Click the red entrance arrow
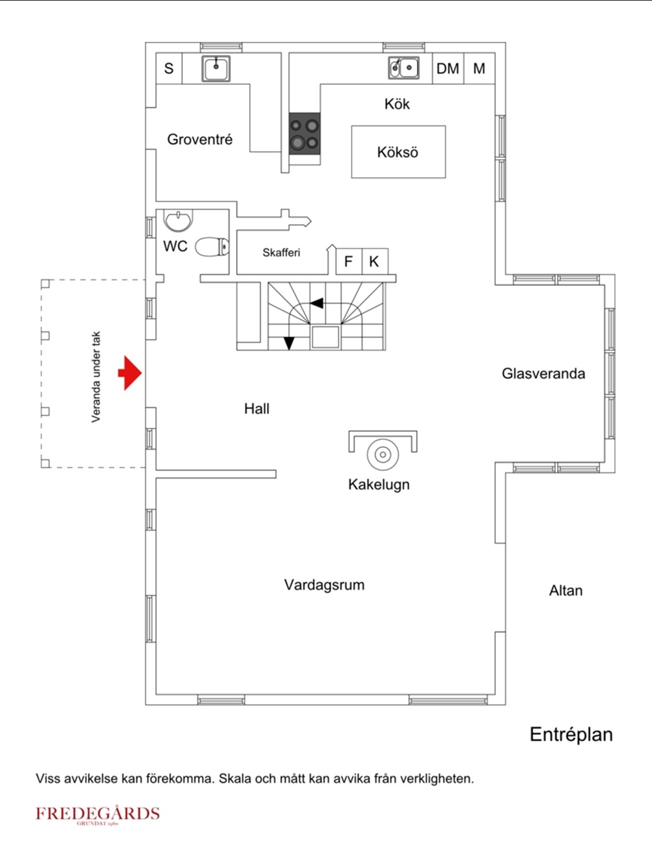click(x=130, y=373)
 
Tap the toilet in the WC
click(x=213, y=247)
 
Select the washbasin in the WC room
click(x=178, y=220)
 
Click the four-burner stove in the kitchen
click(x=305, y=133)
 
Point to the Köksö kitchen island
click(x=398, y=152)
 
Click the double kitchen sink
click(x=404, y=68)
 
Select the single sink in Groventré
click(x=216, y=68)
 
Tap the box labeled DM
click(x=448, y=69)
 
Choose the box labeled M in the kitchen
click(x=479, y=69)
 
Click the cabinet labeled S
click(x=169, y=69)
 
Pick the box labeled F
click(x=349, y=262)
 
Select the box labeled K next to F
click(x=374, y=262)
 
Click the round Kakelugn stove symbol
click(x=382, y=454)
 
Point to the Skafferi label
click(x=281, y=253)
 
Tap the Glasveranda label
click(x=543, y=374)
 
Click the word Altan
click(x=566, y=591)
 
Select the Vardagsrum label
click(x=324, y=585)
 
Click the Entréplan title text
click(x=571, y=734)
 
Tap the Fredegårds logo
click(x=97, y=815)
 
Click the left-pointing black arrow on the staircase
click(x=317, y=303)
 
